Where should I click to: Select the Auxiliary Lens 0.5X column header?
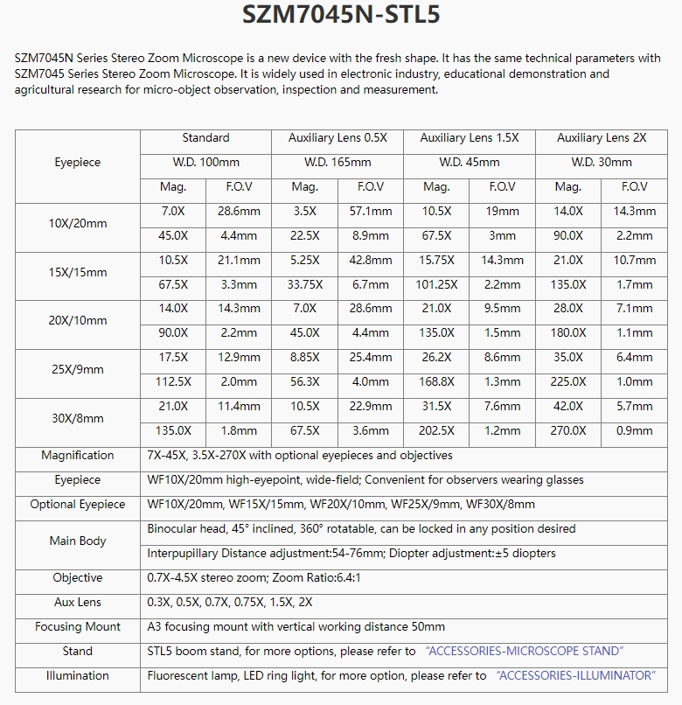pos(338,137)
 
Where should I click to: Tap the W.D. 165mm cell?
pos(338,162)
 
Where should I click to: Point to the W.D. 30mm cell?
pos(602,162)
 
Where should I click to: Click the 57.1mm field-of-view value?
pos(371,211)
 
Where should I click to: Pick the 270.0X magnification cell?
pos(568,430)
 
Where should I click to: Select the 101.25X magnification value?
pos(436,284)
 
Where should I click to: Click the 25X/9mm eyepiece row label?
pos(78,369)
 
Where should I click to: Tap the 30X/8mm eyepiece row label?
pos(78,418)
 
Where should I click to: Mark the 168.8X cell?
pos(436,381)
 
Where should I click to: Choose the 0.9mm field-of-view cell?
pos(635,430)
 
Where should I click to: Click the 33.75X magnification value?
pos(304,284)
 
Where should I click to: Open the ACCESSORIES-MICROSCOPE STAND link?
pos(525,651)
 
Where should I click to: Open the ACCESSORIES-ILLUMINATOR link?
pos(575,675)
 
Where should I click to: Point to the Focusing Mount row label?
pos(78,626)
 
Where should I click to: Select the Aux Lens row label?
pos(78,602)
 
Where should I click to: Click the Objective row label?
pos(78,577)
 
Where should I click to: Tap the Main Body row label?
pos(78,541)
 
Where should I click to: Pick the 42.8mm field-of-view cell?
pos(371,260)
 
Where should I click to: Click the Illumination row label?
pos(78,675)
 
